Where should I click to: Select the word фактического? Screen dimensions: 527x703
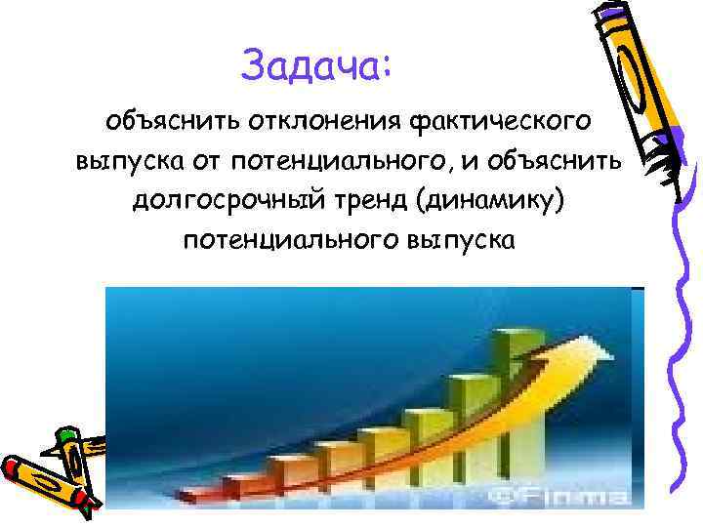click(499, 123)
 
